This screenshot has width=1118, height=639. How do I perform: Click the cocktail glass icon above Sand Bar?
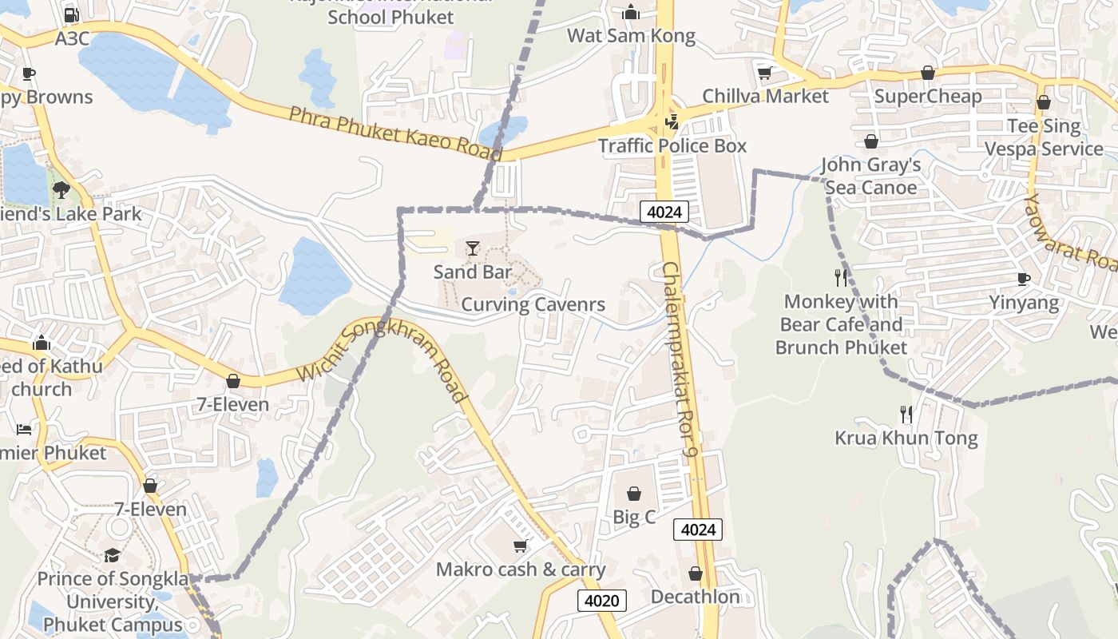(x=473, y=248)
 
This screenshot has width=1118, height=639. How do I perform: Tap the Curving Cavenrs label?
(x=533, y=304)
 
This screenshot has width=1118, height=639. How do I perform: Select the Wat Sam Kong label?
(x=631, y=36)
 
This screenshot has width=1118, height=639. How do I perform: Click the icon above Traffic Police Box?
(x=672, y=121)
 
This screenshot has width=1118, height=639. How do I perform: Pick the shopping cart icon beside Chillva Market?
(x=764, y=73)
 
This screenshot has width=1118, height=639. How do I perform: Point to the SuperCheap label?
(x=927, y=97)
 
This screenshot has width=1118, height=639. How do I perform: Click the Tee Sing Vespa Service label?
(x=1043, y=137)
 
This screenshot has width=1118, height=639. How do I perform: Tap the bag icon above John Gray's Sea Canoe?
(x=870, y=141)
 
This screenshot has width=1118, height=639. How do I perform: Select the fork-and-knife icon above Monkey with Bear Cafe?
(x=840, y=278)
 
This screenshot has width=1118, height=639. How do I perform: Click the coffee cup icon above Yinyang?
(x=1024, y=279)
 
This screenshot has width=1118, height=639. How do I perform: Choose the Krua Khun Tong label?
(x=906, y=438)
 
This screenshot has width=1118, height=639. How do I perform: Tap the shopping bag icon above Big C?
(x=634, y=494)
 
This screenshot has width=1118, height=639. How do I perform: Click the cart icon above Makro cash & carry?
(x=521, y=546)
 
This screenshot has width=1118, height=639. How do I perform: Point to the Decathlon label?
(x=695, y=597)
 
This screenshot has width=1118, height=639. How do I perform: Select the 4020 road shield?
(x=602, y=601)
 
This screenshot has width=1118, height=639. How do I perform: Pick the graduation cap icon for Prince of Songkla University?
(x=112, y=555)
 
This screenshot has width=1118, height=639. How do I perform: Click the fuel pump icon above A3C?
(x=71, y=14)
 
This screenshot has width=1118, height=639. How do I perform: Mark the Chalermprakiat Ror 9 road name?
(x=680, y=359)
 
